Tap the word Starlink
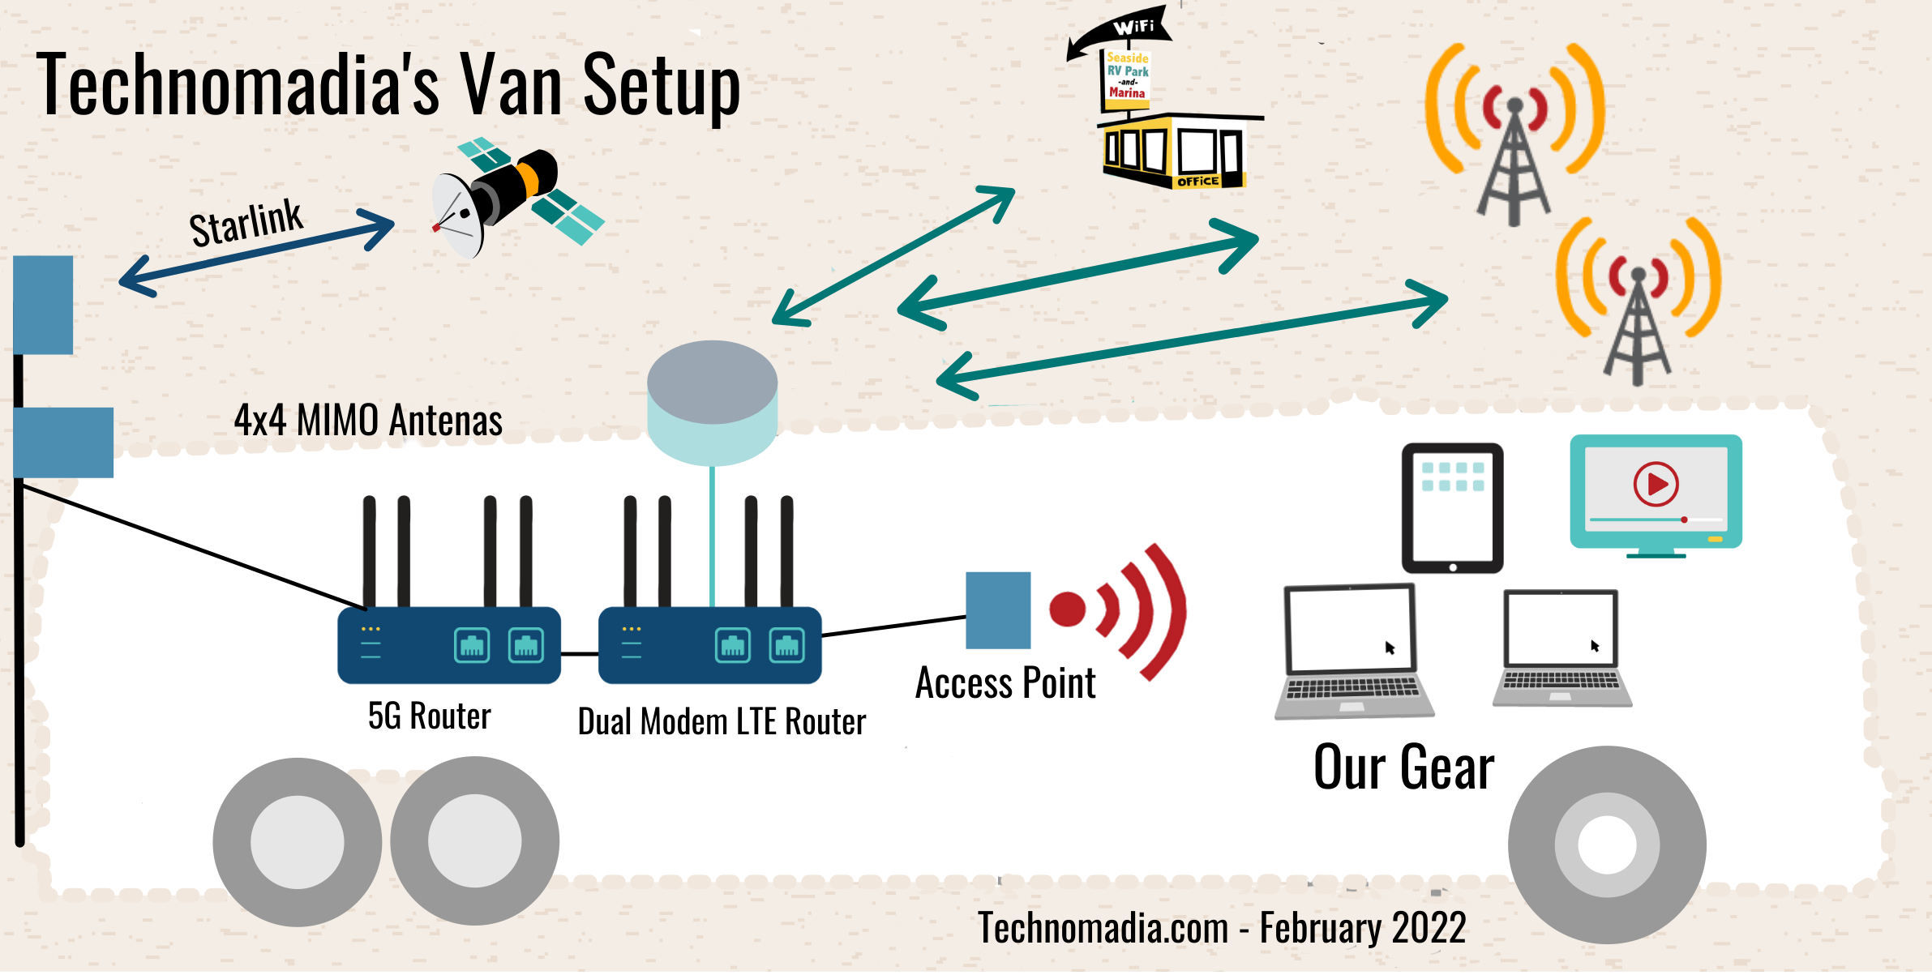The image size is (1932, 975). (246, 223)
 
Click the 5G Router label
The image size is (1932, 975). (429, 716)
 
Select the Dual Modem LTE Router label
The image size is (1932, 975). (721, 721)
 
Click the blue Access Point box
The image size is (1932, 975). (998, 610)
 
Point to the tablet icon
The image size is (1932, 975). (1452, 507)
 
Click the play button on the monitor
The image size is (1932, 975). (1656, 484)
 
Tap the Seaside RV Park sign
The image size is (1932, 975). (1128, 75)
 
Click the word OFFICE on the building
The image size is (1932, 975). (1197, 182)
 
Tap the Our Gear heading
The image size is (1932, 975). (1403, 767)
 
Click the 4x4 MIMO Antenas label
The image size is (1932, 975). (368, 421)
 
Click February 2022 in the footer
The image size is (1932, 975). (1362, 928)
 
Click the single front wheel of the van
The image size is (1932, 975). (1606, 845)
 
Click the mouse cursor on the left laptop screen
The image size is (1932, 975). (1390, 648)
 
